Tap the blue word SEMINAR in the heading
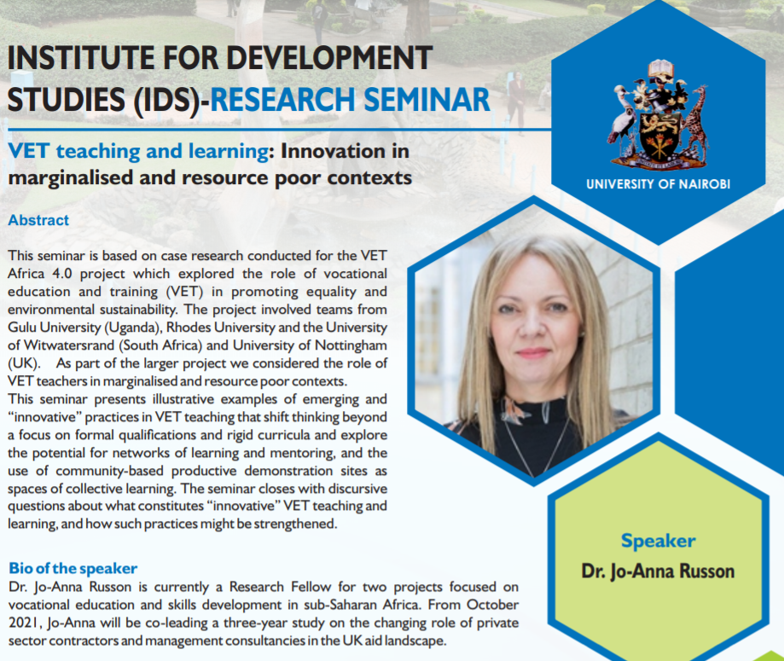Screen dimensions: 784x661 427,99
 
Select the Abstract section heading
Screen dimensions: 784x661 38,220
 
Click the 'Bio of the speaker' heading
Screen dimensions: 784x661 73,568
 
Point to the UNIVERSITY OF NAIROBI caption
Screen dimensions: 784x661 658,184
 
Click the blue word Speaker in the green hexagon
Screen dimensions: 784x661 658,541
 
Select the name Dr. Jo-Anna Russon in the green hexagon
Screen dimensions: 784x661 658,571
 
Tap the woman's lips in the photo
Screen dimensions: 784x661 532,353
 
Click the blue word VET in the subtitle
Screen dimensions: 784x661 28,151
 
